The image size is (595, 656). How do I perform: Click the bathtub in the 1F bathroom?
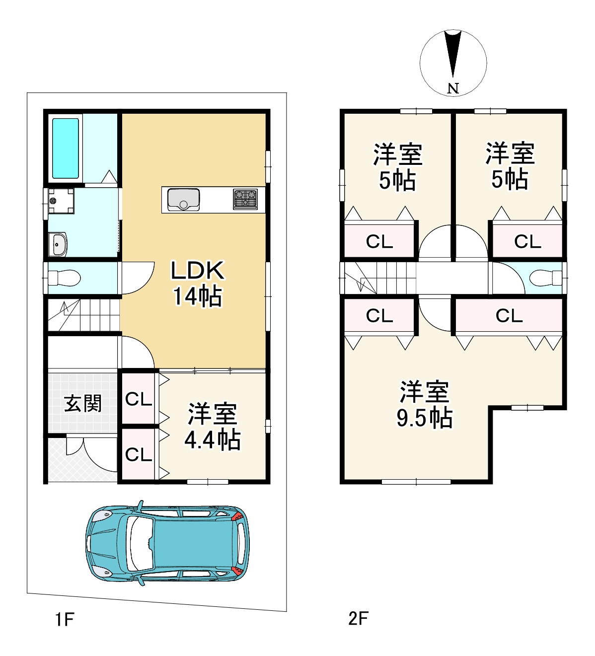click(x=66, y=148)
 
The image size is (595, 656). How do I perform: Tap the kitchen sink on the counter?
click(x=183, y=200)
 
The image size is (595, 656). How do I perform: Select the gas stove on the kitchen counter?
click(x=245, y=199)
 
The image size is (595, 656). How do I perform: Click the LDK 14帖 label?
click(x=197, y=283)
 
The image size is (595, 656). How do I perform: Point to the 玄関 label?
click(x=83, y=403)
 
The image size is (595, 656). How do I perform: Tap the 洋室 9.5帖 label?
click(x=425, y=405)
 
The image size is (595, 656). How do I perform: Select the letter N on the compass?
click(x=452, y=88)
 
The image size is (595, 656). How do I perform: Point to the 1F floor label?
click(x=65, y=619)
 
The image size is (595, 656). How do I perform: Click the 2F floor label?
click(x=358, y=618)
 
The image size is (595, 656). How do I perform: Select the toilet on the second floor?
click(x=544, y=278)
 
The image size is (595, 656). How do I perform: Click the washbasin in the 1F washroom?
click(x=58, y=244)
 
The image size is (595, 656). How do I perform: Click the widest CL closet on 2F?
click(x=509, y=316)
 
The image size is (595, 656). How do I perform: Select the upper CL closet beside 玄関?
click(x=139, y=399)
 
